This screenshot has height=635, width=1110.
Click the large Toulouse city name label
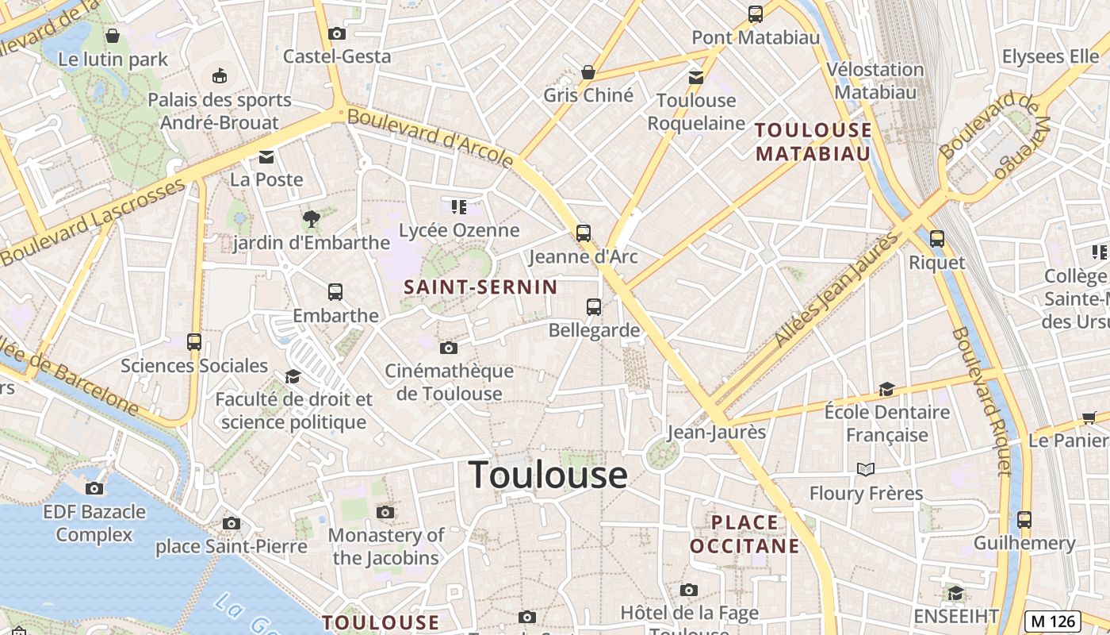pyautogui.click(x=548, y=475)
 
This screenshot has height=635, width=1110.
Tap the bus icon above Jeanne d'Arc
pyautogui.click(x=584, y=233)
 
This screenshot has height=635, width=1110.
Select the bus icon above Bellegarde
pyautogui.click(x=594, y=306)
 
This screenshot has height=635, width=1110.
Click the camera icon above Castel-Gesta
pyautogui.click(x=337, y=33)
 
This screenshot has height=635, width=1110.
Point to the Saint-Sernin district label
pyautogui.click(x=481, y=287)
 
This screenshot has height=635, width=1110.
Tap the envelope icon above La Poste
pyautogui.click(x=266, y=156)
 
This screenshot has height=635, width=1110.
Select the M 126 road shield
pyautogui.click(x=1052, y=620)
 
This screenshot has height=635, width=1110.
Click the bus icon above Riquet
pyautogui.click(x=937, y=238)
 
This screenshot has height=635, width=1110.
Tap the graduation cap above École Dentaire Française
pyautogui.click(x=886, y=389)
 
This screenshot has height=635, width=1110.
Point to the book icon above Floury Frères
pyautogui.click(x=866, y=470)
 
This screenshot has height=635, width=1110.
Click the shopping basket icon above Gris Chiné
pyautogui.click(x=588, y=72)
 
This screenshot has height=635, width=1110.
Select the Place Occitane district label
pyautogui.click(x=744, y=533)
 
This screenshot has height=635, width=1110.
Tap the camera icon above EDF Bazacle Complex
pyautogui.click(x=94, y=488)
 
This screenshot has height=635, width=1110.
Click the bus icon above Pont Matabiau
pyautogui.click(x=756, y=13)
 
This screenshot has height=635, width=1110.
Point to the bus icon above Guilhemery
pyautogui.click(x=1024, y=520)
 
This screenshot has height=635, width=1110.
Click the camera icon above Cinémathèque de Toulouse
pyautogui.click(x=449, y=348)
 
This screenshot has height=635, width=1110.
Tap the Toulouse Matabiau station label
pyautogui.click(x=813, y=141)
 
